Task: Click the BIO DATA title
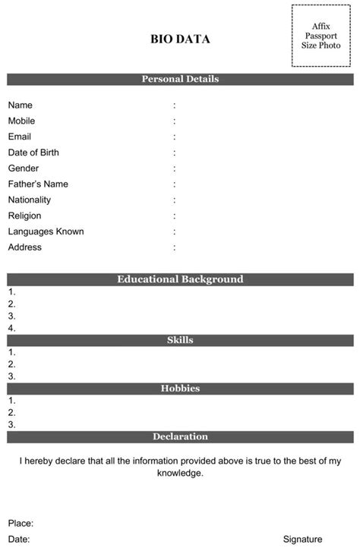(180, 39)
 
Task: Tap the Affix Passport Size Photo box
(321, 36)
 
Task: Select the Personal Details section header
(180, 79)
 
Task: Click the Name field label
(21, 105)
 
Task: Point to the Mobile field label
(21, 121)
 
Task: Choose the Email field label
(20, 137)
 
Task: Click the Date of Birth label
(33, 153)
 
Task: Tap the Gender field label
(24, 168)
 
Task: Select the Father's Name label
(38, 184)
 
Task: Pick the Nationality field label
(30, 200)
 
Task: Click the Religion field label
(25, 216)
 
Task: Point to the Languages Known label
(46, 231)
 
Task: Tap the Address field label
(25, 247)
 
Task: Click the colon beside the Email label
(174, 137)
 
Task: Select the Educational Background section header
(180, 279)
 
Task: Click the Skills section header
(180, 340)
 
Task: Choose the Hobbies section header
(180, 388)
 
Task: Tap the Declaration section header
(180, 436)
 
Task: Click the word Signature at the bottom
(302, 539)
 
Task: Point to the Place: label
(21, 523)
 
